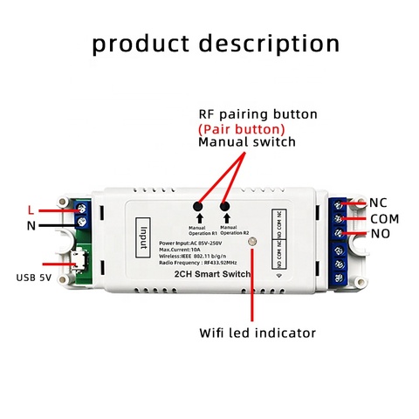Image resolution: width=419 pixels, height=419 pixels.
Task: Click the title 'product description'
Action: [216, 44]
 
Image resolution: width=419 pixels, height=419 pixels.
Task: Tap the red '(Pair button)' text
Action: [242, 127]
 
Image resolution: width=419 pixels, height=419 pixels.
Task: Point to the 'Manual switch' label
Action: [247, 141]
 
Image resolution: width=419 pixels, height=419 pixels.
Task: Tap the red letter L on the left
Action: [31, 210]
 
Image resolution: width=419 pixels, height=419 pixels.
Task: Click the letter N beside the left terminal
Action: [32, 225]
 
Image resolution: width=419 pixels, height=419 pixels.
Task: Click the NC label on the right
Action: [378, 203]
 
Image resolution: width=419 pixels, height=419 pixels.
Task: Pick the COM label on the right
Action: [384, 218]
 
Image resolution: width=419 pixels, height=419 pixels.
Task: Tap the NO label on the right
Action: [379, 234]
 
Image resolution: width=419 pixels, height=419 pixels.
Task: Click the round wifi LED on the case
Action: [254, 254]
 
